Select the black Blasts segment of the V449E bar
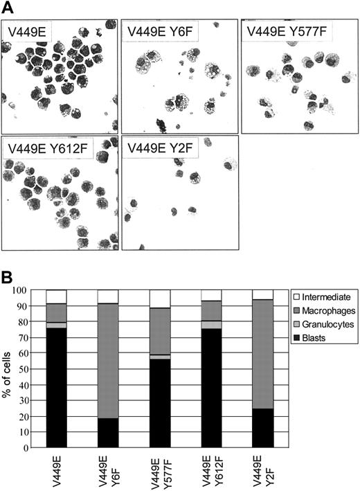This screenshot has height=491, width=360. [x=56, y=388]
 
